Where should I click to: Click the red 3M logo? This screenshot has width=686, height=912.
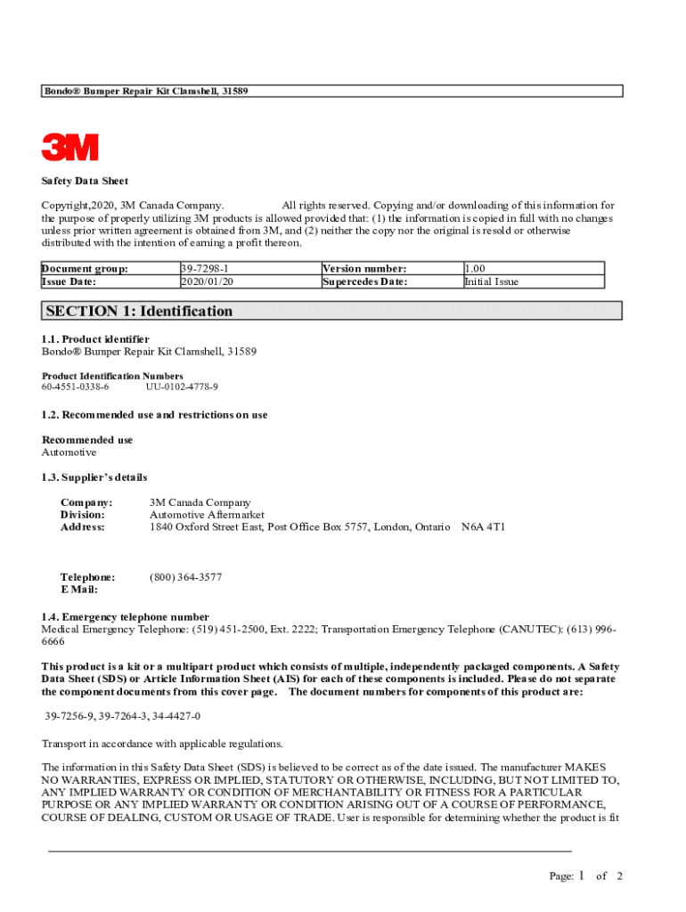coord(70,147)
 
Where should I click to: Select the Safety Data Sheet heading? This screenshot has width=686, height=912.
coord(86,182)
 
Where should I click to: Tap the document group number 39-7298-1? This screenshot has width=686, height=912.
coord(206,268)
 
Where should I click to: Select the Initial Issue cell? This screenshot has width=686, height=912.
coord(492,281)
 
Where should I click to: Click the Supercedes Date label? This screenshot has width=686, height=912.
coord(364,281)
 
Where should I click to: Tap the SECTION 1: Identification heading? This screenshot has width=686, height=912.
coord(139,311)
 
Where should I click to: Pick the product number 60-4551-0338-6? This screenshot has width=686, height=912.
coord(76,387)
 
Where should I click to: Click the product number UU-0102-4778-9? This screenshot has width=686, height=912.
coord(182,387)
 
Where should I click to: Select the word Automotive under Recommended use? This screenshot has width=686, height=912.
coord(69,452)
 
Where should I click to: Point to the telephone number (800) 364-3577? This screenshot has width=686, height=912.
coord(186,577)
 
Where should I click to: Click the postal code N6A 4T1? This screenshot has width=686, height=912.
coord(483,527)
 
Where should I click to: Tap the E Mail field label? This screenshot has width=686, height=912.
coord(79,590)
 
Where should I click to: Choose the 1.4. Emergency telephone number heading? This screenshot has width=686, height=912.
coord(126,616)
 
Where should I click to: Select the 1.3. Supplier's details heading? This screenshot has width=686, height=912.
coord(94,477)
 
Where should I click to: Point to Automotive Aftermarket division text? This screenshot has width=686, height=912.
coord(207,515)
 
